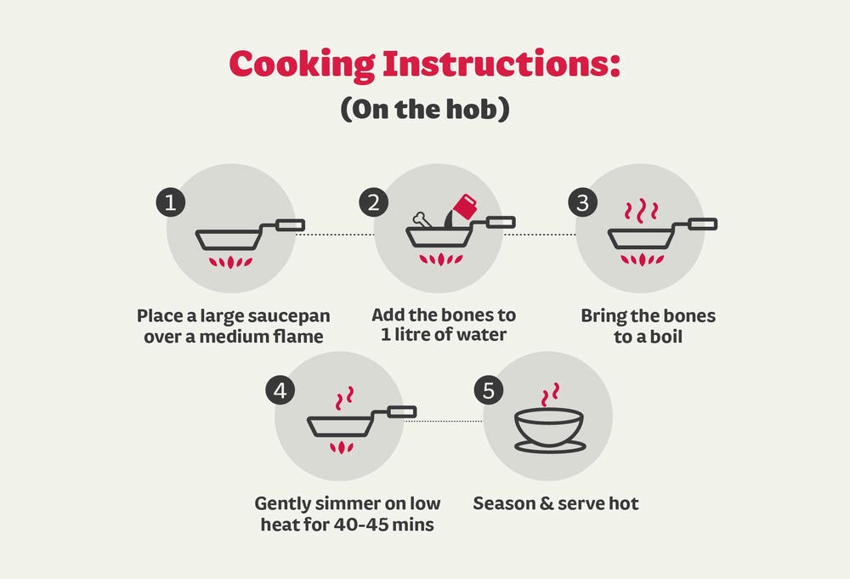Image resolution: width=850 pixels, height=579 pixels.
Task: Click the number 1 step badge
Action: (171, 202)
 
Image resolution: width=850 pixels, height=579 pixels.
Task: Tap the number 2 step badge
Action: (373, 202)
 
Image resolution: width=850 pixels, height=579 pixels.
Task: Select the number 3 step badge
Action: (583, 202)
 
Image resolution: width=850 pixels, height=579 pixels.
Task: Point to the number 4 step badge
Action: (280, 390)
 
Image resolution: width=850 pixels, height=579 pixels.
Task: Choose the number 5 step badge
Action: (489, 390)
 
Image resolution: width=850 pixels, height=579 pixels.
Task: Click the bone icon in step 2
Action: (422, 219)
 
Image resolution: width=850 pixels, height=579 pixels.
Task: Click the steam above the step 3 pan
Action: (642, 211)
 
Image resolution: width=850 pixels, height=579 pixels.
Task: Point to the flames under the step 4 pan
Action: (342, 447)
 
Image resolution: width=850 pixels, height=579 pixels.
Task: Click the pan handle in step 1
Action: (290, 225)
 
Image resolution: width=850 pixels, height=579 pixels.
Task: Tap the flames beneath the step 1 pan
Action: (231, 262)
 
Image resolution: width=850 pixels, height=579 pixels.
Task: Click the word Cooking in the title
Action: (302, 65)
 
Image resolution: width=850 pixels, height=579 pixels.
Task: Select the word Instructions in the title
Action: (501, 64)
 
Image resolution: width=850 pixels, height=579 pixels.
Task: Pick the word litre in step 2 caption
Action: (411, 334)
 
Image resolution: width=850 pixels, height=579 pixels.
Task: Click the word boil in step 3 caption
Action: (666, 337)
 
